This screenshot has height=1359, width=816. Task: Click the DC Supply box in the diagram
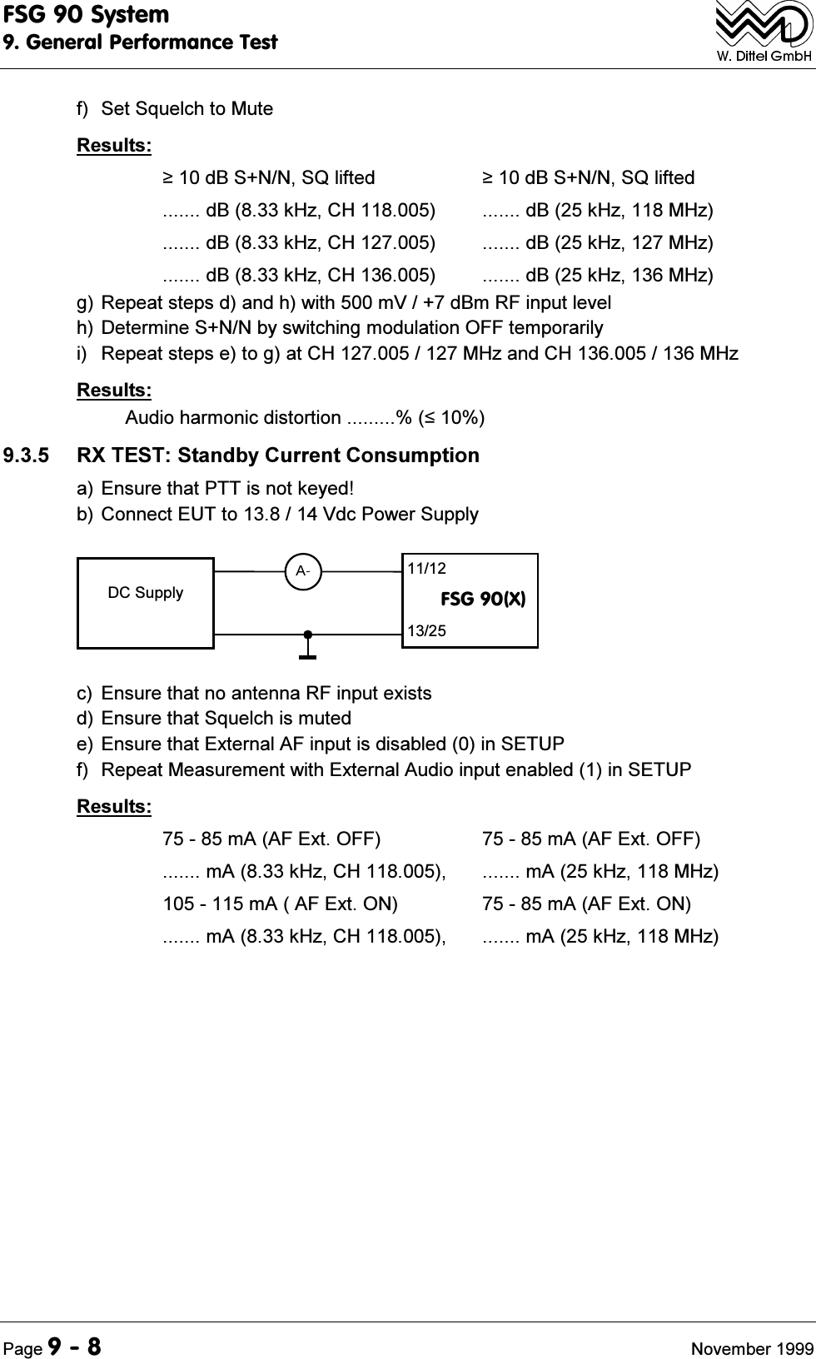[146, 602]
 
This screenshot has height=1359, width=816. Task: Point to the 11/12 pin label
[426, 569]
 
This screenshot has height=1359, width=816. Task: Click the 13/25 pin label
[426, 631]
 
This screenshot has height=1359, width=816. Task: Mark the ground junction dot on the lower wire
[307, 635]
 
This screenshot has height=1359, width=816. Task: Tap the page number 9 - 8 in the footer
[74, 1323]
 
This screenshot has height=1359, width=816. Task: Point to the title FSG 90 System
[86, 15]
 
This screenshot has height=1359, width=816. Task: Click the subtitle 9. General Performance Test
[140, 42]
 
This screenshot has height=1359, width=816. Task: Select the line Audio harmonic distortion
[305, 416]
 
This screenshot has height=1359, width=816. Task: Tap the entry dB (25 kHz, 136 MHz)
[597, 275]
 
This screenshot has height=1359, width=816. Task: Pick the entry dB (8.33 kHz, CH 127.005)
[298, 242]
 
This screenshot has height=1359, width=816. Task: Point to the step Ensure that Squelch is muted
[214, 718]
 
